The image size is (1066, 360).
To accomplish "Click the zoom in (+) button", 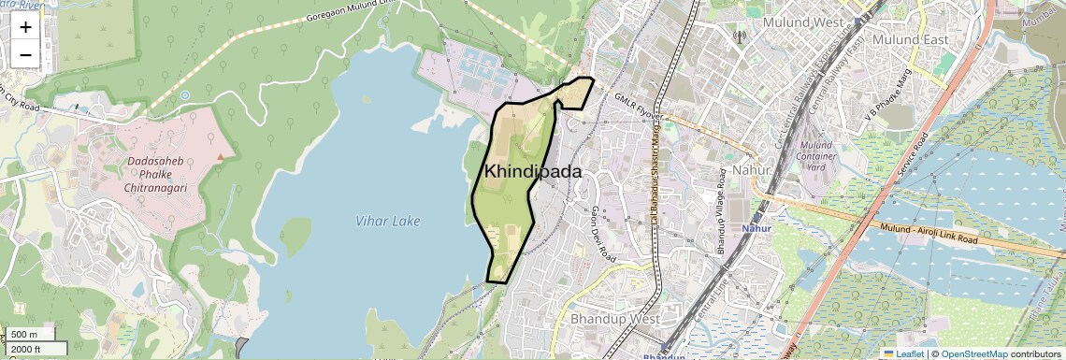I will [x=25, y=27].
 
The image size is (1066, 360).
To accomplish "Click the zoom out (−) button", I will [x=25, y=54].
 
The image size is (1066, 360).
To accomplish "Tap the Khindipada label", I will [x=533, y=172].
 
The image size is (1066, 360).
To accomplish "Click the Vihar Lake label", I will [x=388, y=221].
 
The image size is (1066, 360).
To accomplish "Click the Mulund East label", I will [x=910, y=40].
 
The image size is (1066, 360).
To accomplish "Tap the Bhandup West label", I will [x=614, y=319].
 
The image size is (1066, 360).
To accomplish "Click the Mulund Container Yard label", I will [x=815, y=156].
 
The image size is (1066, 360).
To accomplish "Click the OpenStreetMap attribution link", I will [x=974, y=353].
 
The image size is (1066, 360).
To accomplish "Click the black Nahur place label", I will [x=751, y=171].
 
